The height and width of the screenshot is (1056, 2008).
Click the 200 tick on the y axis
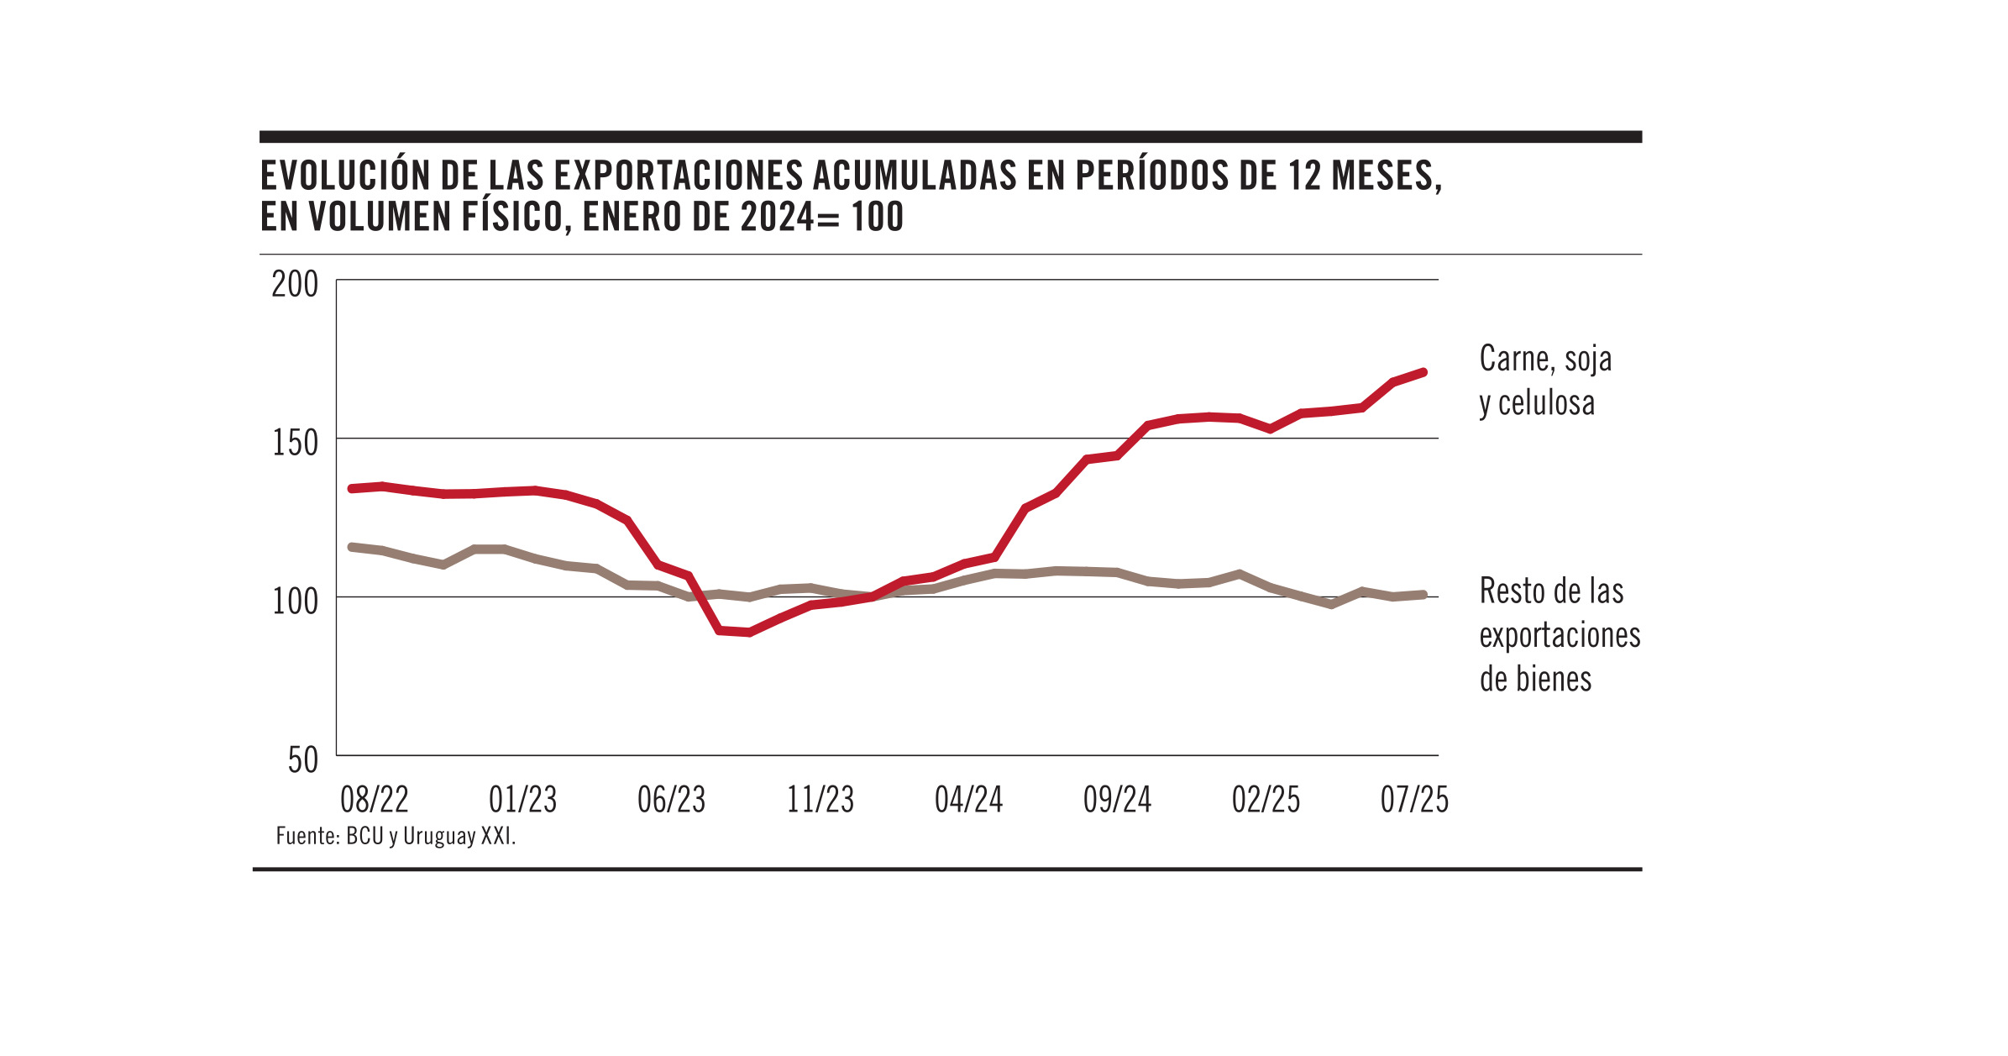coord(294,285)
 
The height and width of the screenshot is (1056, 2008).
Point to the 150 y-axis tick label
coord(295,443)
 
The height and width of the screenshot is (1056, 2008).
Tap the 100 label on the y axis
coord(295,602)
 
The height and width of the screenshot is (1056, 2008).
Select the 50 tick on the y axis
coord(302,760)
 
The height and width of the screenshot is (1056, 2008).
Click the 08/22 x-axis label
coord(374,800)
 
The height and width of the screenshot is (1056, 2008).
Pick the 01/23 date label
coord(522,800)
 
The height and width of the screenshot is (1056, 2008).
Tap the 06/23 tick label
coord(671,800)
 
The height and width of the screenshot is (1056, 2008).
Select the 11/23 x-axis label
coord(820,800)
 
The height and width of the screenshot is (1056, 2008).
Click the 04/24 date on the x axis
coord(968,800)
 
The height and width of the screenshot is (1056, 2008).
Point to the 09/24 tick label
coord(1117,800)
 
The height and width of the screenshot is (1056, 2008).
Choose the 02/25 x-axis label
coord(1266,800)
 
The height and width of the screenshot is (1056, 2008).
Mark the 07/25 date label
coord(1414,800)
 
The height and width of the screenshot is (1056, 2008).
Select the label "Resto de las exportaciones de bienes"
coord(1559,635)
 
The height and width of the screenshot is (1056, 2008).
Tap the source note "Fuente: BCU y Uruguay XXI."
coord(396,837)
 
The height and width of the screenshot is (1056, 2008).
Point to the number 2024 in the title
coord(778,217)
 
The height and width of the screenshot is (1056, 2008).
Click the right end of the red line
coord(1423,372)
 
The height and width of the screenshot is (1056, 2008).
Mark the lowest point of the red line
coord(749,632)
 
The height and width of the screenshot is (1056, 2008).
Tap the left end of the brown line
coord(351,547)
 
